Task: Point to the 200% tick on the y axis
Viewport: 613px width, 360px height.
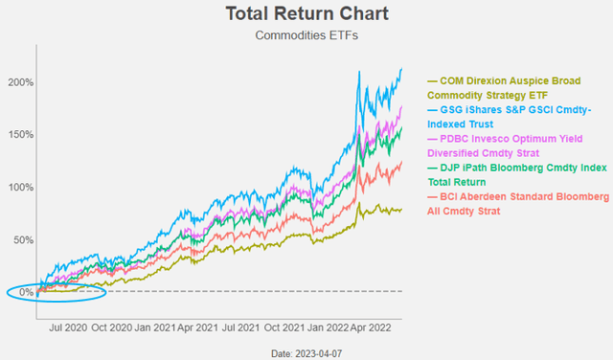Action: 21,82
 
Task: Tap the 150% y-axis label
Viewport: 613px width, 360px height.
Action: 21,135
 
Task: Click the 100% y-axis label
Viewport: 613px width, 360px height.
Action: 21,187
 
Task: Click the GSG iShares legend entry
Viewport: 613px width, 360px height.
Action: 514,123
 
